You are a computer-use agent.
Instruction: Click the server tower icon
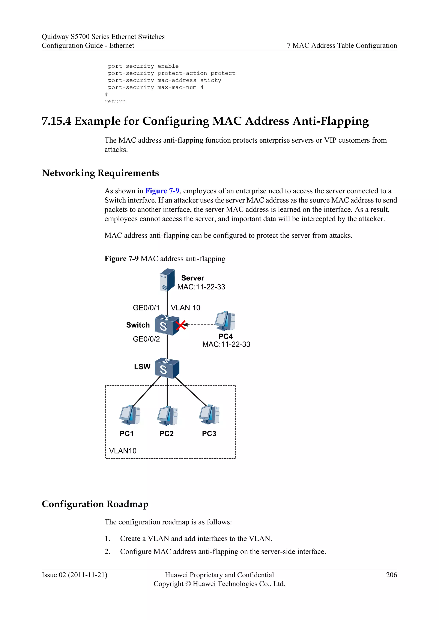(x=167, y=280)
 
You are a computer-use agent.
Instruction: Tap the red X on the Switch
(x=180, y=325)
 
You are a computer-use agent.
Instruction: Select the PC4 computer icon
(x=225, y=321)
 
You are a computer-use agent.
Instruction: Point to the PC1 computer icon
(x=130, y=415)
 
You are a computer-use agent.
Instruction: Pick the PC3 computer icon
(x=209, y=415)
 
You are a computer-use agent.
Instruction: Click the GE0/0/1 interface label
(x=146, y=308)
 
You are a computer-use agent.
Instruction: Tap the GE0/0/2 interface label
(x=146, y=339)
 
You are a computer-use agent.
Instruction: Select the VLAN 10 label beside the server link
(x=185, y=308)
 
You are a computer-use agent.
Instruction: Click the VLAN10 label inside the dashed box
(x=123, y=451)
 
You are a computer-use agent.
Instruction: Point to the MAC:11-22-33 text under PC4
(x=226, y=344)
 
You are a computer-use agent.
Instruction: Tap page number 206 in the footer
(x=391, y=575)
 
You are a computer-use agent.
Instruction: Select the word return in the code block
(x=115, y=101)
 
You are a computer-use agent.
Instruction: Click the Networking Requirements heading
(x=100, y=173)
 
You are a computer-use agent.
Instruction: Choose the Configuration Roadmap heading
(x=95, y=504)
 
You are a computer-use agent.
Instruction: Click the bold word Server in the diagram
(x=192, y=278)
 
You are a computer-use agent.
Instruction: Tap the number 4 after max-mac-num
(x=202, y=87)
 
